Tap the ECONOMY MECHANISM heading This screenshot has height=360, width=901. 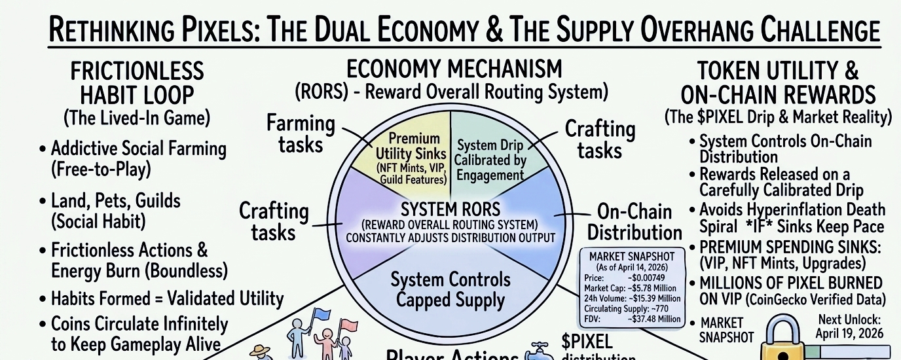454,68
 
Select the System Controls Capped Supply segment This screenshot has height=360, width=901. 450,290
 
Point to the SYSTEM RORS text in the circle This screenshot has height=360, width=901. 450,211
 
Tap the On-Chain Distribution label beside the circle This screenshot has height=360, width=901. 634,222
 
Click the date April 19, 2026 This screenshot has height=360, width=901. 850,333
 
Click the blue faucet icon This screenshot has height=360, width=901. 541,350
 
